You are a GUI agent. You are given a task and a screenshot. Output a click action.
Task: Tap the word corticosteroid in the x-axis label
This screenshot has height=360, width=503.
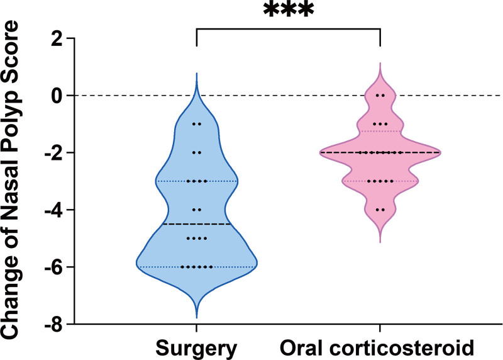(x=400, y=348)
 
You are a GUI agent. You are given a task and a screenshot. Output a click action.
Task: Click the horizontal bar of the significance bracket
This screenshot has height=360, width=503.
(x=288, y=29)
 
